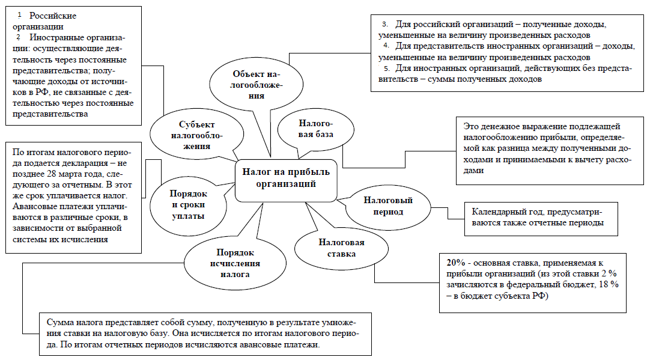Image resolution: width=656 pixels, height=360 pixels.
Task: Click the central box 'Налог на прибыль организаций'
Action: tap(285, 178)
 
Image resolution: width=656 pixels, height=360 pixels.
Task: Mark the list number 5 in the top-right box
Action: tap(387, 69)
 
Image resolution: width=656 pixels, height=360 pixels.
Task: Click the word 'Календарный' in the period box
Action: tap(498, 212)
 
